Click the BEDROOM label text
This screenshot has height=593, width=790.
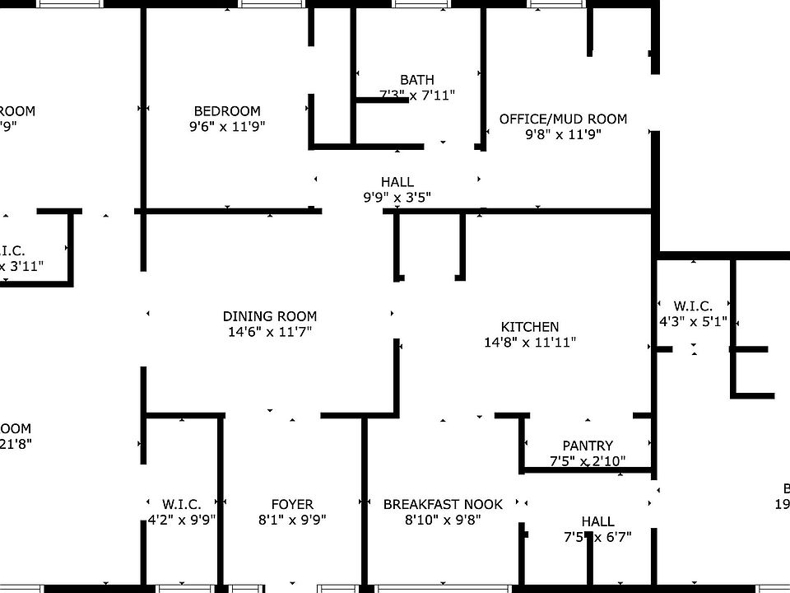click(227, 111)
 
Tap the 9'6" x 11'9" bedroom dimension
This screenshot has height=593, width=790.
click(227, 127)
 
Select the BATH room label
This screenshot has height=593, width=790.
click(417, 80)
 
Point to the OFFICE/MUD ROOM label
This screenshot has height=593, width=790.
click(563, 119)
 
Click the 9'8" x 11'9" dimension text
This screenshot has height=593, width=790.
click(564, 134)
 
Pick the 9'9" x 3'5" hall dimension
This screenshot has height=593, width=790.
click(397, 198)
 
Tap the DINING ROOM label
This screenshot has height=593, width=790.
click(270, 316)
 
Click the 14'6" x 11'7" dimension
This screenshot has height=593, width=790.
click(270, 332)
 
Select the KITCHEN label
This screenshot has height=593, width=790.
click(530, 327)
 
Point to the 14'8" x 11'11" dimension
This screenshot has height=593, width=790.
click(530, 343)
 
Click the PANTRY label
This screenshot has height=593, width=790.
click(588, 446)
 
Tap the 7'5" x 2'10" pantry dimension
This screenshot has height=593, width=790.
click(588, 461)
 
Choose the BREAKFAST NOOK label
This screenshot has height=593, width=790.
click(443, 504)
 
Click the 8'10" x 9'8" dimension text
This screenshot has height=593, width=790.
click(443, 520)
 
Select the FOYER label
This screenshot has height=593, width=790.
click(292, 504)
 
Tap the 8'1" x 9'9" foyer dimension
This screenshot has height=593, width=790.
click(292, 520)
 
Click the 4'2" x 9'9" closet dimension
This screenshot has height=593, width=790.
click(182, 520)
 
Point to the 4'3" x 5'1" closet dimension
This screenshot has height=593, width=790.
click(693, 322)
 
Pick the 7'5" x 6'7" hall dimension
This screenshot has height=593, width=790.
click(597, 538)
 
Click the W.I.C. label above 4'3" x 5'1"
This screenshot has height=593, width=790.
click(693, 306)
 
